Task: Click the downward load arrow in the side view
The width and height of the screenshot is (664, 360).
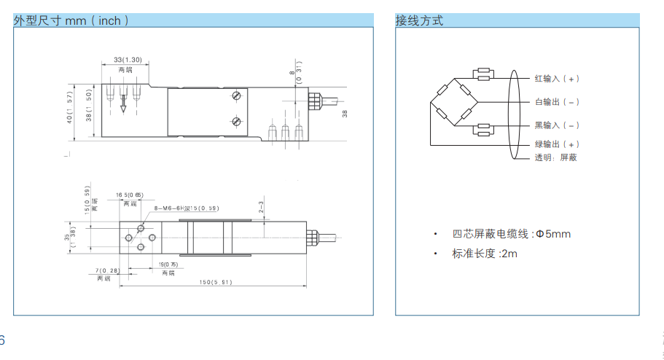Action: pyautogui.click(x=123, y=103)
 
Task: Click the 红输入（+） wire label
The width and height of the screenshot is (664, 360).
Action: pyautogui.click(x=557, y=78)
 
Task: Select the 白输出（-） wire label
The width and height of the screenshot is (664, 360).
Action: pyautogui.click(x=557, y=101)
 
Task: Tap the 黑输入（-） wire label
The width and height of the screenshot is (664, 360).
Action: pyautogui.click(x=557, y=125)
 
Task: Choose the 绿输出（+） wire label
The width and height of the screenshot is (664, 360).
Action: pyautogui.click(x=557, y=144)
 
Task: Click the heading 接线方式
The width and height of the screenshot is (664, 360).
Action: pyautogui.click(x=419, y=21)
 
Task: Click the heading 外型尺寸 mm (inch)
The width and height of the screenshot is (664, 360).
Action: pyautogui.click(x=71, y=21)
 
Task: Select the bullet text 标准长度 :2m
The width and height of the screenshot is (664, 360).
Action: pyautogui.click(x=484, y=254)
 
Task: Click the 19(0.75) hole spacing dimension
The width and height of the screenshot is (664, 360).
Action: pyautogui.click(x=168, y=264)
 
